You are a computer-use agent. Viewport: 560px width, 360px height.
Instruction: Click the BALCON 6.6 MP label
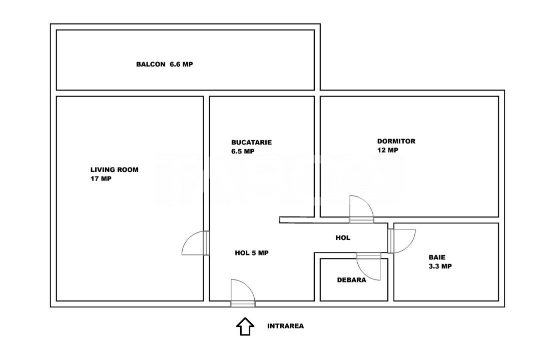point(164,64)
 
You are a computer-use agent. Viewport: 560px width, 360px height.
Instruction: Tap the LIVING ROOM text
point(114,170)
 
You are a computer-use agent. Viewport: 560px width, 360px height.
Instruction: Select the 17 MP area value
point(101,179)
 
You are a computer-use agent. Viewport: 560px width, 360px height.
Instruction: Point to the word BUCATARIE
point(251,142)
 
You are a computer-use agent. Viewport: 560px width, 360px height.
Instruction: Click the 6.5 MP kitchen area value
point(243,151)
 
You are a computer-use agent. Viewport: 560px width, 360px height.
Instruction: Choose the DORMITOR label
point(396,141)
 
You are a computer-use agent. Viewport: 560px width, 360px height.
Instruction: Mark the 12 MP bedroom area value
point(387,150)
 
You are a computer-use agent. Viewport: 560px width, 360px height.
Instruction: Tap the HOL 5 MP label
point(251,253)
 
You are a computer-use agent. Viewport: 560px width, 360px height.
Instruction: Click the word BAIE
point(437,257)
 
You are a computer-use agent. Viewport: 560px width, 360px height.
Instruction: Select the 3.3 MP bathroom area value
point(440,266)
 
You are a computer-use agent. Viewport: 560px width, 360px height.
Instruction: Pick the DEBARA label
point(351,280)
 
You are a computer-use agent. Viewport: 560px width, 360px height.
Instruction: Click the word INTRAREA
point(285,325)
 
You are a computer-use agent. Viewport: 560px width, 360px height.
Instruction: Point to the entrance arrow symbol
point(245,326)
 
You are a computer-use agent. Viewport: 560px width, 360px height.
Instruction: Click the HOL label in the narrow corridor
point(343,238)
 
